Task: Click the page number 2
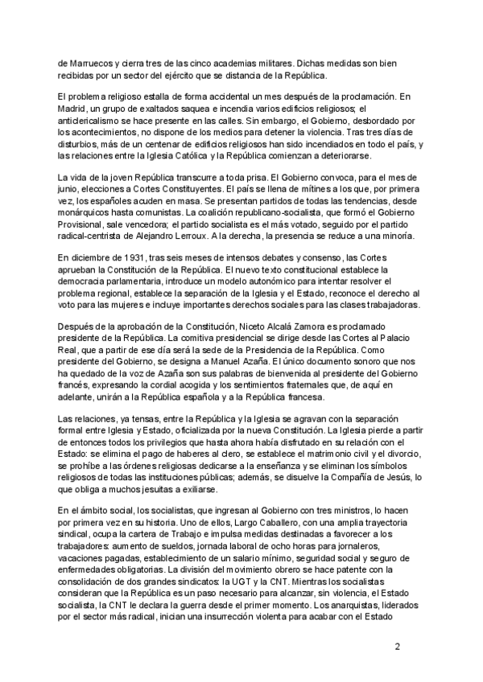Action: point(394,647)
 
